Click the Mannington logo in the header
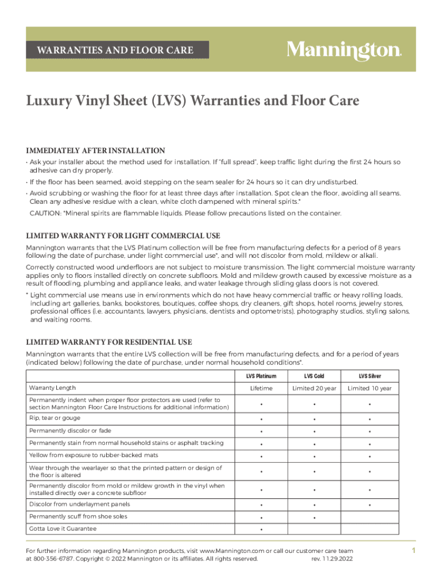click(344, 51)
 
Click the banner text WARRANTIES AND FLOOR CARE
click(115, 51)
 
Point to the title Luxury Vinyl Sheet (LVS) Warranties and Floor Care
click(192, 101)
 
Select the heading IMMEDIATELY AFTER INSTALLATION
click(96, 150)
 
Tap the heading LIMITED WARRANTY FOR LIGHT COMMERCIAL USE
click(123, 236)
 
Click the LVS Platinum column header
click(261, 376)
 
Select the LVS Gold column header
click(314, 376)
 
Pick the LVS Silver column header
click(370, 376)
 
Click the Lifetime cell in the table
click(261, 389)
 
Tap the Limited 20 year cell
click(314, 389)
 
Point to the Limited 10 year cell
click(370, 389)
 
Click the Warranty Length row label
click(52, 388)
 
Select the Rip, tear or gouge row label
click(55, 418)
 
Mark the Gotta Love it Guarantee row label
click(63, 528)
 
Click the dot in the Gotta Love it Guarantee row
click(261, 529)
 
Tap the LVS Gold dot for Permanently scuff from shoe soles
click(314, 517)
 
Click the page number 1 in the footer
click(413, 551)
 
